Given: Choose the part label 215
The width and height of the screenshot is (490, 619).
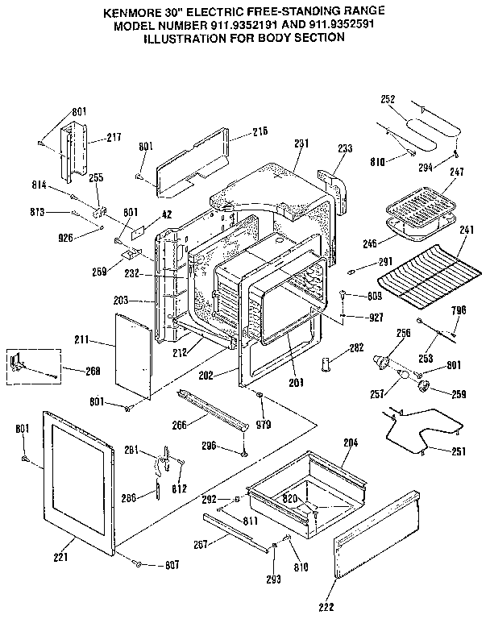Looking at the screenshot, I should tap(260, 131).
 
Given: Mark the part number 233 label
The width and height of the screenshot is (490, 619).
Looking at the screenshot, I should tap(345, 148).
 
